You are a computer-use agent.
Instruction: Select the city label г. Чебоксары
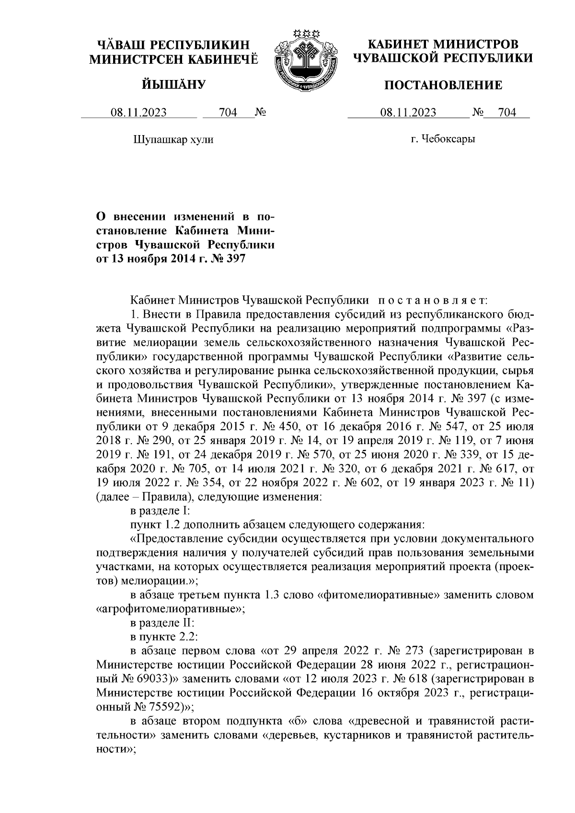[443, 139]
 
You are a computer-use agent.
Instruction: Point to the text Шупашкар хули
[172, 140]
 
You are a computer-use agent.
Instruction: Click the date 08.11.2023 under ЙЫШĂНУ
[139, 113]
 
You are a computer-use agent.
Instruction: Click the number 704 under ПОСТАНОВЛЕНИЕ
[507, 113]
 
